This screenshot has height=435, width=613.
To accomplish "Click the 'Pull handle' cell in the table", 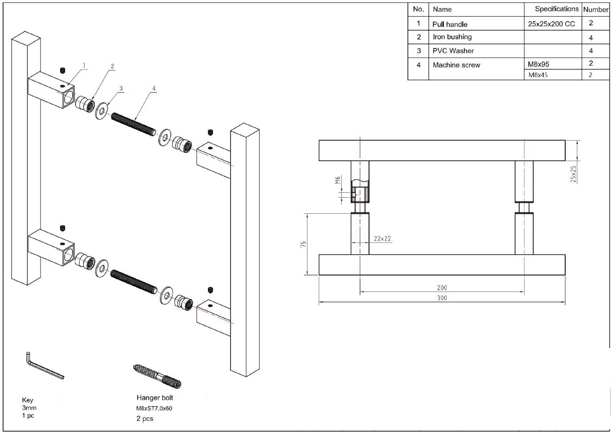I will click(x=450, y=24).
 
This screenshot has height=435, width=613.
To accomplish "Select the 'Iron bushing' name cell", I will click(x=452, y=37).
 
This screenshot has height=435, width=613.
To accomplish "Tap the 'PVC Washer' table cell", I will click(x=453, y=51).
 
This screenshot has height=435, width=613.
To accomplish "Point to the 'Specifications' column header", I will click(x=556, y=9).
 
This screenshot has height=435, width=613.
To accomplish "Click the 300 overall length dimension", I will click(x=442, y=298).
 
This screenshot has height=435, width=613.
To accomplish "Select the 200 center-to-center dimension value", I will click(x=442, y=288).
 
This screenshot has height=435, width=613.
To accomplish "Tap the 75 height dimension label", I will click(x=304, y=244).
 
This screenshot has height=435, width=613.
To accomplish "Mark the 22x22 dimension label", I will click(x=383, y=239).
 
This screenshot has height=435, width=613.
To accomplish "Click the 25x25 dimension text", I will click(x=573, y=173).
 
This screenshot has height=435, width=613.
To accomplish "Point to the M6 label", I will click(x=338, y=181).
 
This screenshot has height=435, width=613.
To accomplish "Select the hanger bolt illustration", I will click(x=157, y=375).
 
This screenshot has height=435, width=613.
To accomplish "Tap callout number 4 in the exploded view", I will click(x=153, y=88).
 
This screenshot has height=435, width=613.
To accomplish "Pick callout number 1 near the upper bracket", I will click(x=84, y=65).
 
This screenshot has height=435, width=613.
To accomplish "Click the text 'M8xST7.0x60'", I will click(x=154, y=408).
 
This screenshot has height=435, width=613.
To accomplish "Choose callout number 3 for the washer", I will click(x=121, y=88).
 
